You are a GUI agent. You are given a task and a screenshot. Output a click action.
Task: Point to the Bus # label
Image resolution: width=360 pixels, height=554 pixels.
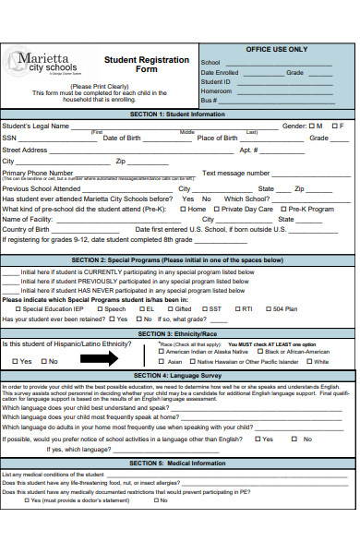[208, 100]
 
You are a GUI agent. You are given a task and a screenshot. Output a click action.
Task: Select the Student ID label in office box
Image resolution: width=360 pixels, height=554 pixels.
[216, 81]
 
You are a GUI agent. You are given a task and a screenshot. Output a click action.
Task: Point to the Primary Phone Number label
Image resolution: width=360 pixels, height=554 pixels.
[37, 173]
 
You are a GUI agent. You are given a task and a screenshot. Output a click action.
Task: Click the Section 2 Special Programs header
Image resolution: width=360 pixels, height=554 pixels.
[179, 260]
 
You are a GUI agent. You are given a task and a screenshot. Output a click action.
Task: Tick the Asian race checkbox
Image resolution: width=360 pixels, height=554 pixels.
[162, 362]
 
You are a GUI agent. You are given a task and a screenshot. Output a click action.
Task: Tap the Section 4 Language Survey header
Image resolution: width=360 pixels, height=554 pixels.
[179, 376]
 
